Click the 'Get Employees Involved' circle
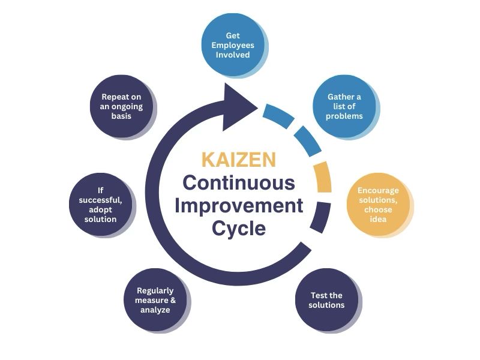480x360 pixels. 232,44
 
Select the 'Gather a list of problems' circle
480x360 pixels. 344,106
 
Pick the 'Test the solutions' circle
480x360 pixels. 326,299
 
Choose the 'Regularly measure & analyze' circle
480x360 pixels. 155,300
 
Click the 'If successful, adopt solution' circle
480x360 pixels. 100,205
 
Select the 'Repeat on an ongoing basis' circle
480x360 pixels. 121,106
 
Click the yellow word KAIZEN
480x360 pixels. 239,160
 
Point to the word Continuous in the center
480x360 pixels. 239,182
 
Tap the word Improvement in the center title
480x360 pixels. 239,205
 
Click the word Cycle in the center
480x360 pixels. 239,229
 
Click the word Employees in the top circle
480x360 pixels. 232,45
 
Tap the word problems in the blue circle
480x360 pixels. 344,116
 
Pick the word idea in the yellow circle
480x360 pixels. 378,219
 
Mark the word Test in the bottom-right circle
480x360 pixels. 318,295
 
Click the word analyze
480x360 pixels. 155,310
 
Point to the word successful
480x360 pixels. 101,200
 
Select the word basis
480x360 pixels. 121,116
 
